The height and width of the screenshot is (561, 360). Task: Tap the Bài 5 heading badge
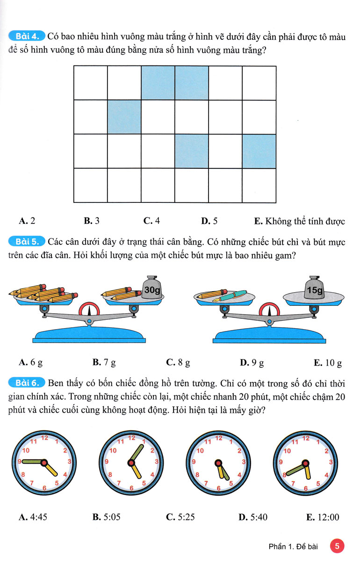[27, 242]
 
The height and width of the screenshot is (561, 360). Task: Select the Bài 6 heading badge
[27, 384]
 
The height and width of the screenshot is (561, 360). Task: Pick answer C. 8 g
[178, 362]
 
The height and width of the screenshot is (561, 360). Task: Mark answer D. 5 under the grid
[209, 221]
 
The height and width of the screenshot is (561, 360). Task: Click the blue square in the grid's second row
[124, 117]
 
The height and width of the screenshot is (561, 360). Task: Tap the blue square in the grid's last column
[259, 151]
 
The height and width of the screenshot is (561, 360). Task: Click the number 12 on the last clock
[306, 439]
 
